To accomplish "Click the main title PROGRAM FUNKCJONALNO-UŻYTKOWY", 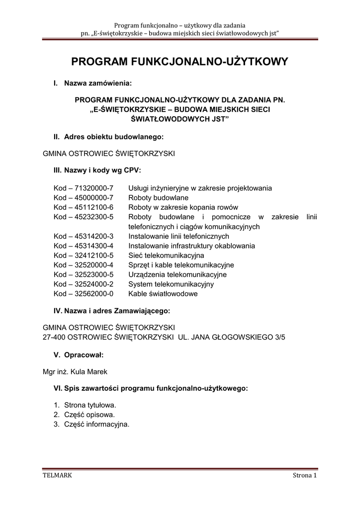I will [x=180, y=62].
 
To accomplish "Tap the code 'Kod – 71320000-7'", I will [x=84, y=188].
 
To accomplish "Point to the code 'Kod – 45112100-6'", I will [x=84, y=207].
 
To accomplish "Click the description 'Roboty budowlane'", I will [x=158, y=198].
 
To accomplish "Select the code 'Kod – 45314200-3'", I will [x=84, y=236].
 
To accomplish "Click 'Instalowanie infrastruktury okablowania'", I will [x=191, y=246].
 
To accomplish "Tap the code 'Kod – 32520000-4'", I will [x=84, y=265].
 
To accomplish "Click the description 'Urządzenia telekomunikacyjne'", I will [x=178, y=274].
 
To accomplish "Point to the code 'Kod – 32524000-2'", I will [x=84, y=284].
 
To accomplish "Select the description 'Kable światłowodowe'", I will [x=163, y=294].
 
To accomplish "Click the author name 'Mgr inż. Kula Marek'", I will [x=75, y=372].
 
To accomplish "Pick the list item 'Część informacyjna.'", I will [x=96, y=424].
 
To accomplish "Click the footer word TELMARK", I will [x=58, y=476].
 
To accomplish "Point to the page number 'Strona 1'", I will [x=304, y=476].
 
